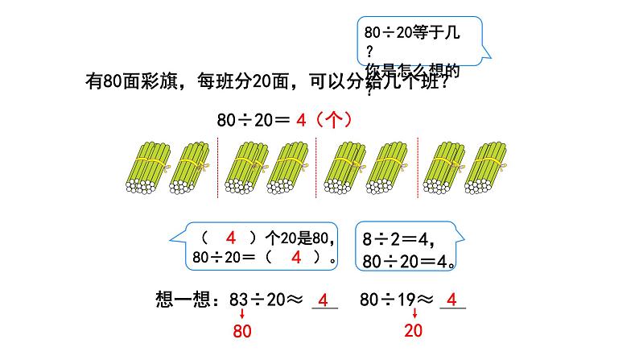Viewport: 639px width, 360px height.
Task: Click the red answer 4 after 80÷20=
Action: (x=302, y=120)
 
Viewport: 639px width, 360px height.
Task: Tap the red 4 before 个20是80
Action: (x=230, y=238)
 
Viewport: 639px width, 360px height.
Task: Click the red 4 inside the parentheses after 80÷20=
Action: (x=295, y=258)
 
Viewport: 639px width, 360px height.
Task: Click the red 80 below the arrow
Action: (x=242, y=331)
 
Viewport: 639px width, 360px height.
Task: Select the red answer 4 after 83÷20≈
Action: (x=323, y=300)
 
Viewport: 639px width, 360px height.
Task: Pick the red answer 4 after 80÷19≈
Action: (x=451, y=300)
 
